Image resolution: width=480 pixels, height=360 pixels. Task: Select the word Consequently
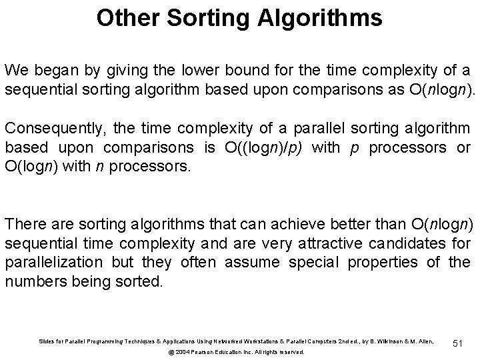tap(49, 129)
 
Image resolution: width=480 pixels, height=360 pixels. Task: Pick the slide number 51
tap(457, 343)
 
